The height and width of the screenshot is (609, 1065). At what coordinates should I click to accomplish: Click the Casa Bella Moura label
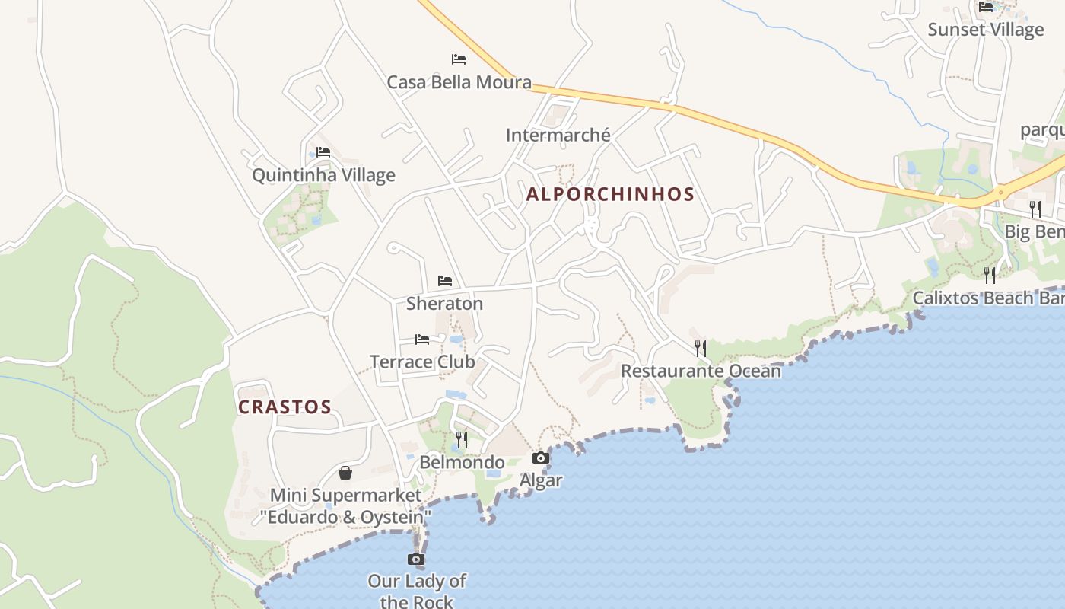coord(459,82)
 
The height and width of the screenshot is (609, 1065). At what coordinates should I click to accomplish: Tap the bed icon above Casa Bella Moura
coord(458,59)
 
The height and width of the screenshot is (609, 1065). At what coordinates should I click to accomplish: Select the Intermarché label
coord(558,136)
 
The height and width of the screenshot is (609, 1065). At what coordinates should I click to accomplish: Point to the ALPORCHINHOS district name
coord(610,194)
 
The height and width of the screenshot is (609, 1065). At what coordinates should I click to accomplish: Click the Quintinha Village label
coord(323,175)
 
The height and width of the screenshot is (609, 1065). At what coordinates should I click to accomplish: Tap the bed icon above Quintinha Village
coord(323,151)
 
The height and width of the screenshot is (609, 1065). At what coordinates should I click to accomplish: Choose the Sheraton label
coord(444,304)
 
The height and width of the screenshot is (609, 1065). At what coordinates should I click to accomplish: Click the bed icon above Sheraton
coord(445,281)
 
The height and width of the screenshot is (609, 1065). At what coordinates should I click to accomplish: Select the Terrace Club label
coord(422,362)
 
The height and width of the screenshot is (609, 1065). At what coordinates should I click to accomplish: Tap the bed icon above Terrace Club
coord(422,339)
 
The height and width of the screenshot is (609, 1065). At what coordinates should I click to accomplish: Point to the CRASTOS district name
coord(285,407)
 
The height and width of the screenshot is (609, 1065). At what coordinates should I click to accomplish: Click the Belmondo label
coord(462,462)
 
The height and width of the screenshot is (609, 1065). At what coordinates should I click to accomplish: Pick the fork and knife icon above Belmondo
coord(462,439)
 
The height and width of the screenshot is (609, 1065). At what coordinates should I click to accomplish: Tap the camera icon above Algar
coord(541,458)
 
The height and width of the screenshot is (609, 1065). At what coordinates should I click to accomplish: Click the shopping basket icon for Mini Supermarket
coord(345,473)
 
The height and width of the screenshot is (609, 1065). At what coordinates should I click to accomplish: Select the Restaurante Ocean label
coord(701,371)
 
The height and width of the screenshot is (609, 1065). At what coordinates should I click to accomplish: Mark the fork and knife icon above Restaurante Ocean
coord(701,348)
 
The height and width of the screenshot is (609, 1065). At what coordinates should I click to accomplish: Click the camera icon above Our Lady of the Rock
coord(416,560)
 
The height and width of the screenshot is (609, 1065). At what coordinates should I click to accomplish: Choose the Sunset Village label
coord(985,30)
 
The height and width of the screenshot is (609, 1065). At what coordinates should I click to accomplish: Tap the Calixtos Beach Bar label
coord(988,298)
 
